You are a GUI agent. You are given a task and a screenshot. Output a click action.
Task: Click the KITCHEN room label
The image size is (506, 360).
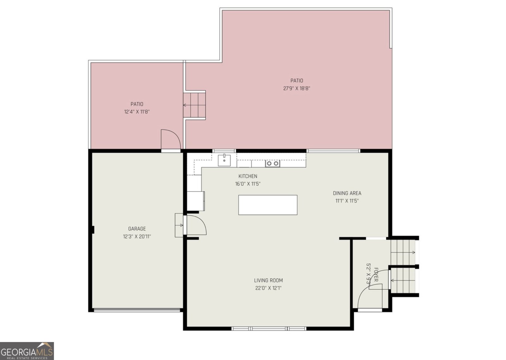tap(248, 176)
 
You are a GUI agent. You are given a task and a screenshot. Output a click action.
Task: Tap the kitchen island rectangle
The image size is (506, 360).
tap(268, 205)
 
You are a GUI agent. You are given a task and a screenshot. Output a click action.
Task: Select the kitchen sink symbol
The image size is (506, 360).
tap(224, 160)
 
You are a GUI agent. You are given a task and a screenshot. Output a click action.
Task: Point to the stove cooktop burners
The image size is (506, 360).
tap(272, 163)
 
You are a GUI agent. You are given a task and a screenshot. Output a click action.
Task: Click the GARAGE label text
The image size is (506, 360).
tap(137, 229)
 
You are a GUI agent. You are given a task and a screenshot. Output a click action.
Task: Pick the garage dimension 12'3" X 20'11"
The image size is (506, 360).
tap(137, 236)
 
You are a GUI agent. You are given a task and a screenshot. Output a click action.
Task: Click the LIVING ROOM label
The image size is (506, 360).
tap(268, 280)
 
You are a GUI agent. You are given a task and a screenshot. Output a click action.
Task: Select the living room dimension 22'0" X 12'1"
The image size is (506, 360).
tap(268, 288)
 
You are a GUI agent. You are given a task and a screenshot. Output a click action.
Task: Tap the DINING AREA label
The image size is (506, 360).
tap(347, 193)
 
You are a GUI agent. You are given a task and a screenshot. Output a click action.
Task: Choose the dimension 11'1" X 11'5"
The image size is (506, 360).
tap(347, 201)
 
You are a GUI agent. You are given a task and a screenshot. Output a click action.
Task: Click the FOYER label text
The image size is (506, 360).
tap(376, 274)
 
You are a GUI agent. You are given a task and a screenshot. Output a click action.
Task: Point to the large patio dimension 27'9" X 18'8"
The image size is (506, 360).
tap(296, 88)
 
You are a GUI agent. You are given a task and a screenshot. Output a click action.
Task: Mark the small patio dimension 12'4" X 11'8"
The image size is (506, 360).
tap(137, 112)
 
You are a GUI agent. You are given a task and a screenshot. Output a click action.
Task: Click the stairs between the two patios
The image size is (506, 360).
tap(195, 105)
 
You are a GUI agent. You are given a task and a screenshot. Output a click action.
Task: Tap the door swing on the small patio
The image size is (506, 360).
tap(170, 139)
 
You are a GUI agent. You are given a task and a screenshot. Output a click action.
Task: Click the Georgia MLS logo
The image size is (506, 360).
tap(27, 351)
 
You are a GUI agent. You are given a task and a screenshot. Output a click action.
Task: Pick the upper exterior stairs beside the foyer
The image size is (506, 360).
tap(403, 252)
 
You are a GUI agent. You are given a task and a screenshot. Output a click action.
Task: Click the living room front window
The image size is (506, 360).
tap(269, 329)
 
